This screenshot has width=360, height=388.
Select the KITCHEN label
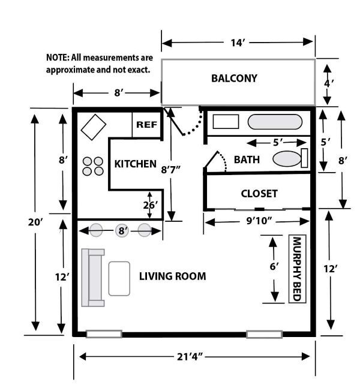coord(136,164)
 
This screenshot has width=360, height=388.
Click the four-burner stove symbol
coord(92,166)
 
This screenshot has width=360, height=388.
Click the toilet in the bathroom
coord(289,159)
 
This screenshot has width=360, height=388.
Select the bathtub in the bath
coord(275,122)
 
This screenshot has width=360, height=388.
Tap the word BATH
coord(247,160)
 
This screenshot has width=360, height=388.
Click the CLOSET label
coord(259,193)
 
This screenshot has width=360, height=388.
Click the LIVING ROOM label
coord(173,276)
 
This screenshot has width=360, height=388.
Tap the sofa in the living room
coord(93,276)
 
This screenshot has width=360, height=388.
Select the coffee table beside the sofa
coord(119,278)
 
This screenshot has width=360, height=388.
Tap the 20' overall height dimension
coord(35,222)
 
